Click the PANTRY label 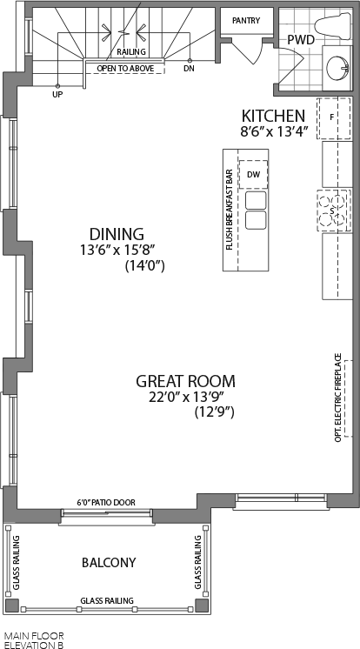tap(246, 20)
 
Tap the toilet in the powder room tap(333, 25)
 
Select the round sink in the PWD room tap(337, 68)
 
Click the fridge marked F tap(334, 118)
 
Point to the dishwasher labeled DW tap(253, 175)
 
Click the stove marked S tap(334, 211)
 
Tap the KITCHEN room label tap(274, 116)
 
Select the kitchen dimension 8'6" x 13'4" tap(275, 132)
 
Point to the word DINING tap(117, 234)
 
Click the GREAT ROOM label tap(186, 381)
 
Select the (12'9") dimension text tap(214, 412)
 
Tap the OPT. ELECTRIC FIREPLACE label tap(338, 398)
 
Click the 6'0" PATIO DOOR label tap(106, 503)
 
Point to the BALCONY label tap(109, 563)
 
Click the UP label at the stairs tap(57, 95)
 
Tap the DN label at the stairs tap(189, 69)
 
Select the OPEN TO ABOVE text tap(125, 69)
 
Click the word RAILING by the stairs tap(131, 51)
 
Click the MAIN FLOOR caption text tap(34, 635)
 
